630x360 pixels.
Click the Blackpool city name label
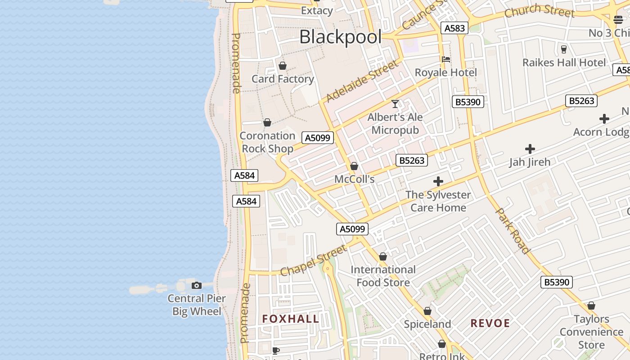click(340, 37)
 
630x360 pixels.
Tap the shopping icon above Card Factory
click(283, 66)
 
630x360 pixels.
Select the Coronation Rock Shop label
click(267, 142)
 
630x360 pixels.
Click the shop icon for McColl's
click(354, 166)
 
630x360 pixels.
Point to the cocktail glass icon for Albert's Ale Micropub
click(395, 104)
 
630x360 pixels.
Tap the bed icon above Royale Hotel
click(446, 59)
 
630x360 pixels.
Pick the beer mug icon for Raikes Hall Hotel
click(563, 49)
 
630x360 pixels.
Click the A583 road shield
click(454, 28)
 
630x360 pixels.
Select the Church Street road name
click(539, 11)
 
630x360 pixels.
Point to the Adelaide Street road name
click(362, 81)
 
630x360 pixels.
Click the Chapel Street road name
click(314, 260)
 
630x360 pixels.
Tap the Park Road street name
click(512, 230)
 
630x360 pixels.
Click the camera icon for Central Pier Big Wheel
click(197, 285)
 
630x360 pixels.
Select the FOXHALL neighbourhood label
click(291, 319)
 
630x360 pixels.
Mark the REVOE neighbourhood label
click(490, 323)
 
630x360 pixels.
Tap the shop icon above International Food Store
click(383, 256)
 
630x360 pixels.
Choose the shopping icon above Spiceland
click(427, 311)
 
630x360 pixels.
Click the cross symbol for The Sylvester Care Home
click(438, 181)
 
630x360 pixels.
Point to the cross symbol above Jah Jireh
click(530, 148)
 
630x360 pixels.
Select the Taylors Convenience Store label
click(591, 332)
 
